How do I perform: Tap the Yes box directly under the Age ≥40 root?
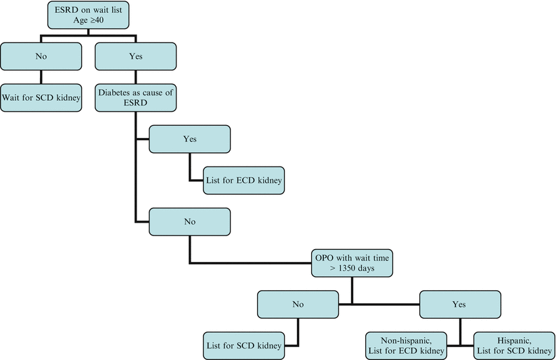pos(135,57)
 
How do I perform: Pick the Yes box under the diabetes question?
pos(189,139)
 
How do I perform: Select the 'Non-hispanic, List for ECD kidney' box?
pos(406,344)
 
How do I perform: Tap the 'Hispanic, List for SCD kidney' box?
pos(513,344)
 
